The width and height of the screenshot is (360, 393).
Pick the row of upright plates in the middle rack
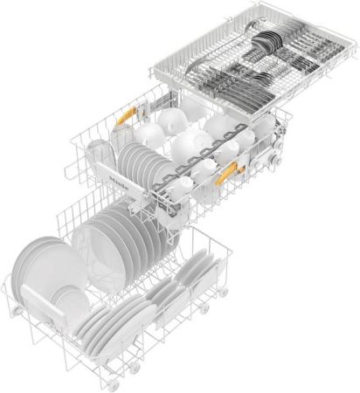pos(140,166)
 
